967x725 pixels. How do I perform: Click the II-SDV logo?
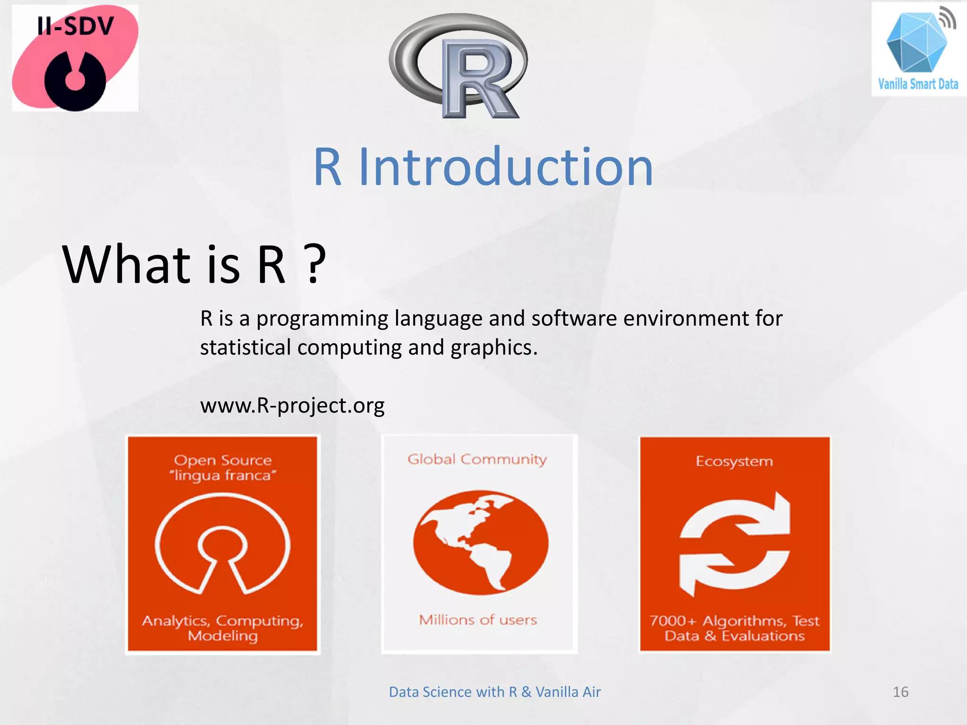click(x=75, y=58)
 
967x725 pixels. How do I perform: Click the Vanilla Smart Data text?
click(x=918, y=84)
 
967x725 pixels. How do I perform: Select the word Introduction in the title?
click(x=506, y=167)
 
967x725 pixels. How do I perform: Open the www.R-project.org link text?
click(x=292, y=405)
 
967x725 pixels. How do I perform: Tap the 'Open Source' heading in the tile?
click(x=223, y=460)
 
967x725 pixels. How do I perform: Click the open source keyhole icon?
click(x=222, y=543)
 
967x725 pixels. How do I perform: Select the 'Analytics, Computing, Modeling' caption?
click(x=223, y=628)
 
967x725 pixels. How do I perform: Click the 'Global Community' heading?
click(x=477, y=459)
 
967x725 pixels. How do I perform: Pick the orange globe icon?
click(x=481, y=542)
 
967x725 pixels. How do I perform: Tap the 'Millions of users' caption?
click(x=478, y=620)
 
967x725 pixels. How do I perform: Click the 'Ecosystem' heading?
click(x=734, y=461)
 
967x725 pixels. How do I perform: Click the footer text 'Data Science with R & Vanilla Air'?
click(x=494, y=692)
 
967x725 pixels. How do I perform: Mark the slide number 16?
click(x=900, y=692)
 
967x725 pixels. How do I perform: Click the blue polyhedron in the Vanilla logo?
click(x=916, y=43)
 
